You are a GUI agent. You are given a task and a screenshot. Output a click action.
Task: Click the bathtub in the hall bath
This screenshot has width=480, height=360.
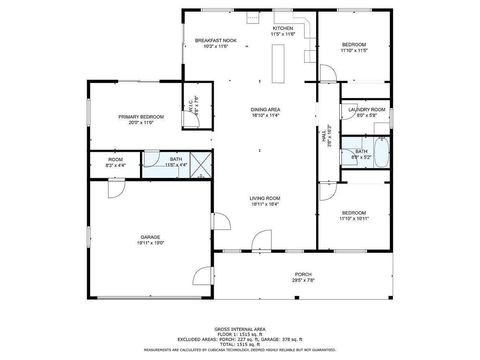click(382, 152)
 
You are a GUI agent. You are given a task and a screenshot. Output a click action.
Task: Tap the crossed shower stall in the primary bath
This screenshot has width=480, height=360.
click(201, 165)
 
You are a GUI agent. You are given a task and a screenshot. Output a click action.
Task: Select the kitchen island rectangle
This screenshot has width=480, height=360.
click(278, 64)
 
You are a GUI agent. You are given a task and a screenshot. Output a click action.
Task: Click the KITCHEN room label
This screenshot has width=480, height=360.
click(283, 28)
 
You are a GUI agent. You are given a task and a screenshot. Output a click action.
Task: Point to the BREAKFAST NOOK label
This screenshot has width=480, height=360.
click(216, 40)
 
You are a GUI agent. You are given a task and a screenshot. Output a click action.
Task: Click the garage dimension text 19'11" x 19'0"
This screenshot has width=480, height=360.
click(151, 243)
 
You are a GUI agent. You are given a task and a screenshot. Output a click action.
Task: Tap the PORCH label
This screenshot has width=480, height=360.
click(303, 274)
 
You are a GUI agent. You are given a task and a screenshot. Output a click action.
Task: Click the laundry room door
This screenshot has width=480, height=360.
click(348, 112)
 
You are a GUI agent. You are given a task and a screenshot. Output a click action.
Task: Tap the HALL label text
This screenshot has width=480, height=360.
click(324, 136)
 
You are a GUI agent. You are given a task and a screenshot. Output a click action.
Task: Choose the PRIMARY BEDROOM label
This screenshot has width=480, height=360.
click(141, 117)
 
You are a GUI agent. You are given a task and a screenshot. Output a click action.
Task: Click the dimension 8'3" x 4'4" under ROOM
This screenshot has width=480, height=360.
click(115, 166)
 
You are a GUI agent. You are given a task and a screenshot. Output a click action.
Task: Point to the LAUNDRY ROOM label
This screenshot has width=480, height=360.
click(367, 109)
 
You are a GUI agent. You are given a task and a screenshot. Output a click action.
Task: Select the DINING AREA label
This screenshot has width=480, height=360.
click(265, 109)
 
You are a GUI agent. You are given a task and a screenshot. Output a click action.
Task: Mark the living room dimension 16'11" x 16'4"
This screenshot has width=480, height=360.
click(265, 204)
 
